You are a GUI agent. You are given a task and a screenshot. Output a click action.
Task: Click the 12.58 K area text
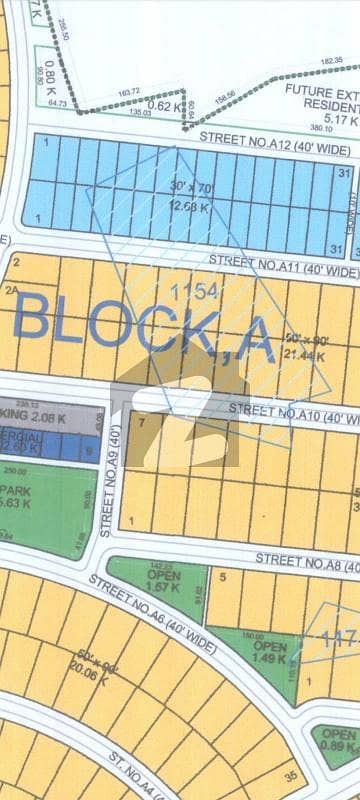tap(164, 208)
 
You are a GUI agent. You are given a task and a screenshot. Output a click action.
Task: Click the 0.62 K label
tap(160, 104)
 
